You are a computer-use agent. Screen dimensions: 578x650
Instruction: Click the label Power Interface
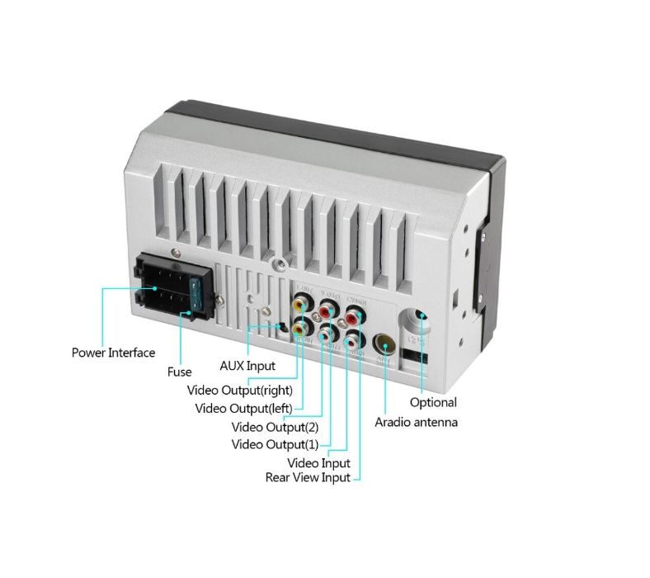pos(113,353)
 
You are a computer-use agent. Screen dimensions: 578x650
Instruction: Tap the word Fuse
pos(179,372)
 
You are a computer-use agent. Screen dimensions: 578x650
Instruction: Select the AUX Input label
pos(247,365)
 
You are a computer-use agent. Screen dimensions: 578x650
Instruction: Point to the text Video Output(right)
pos(239,390)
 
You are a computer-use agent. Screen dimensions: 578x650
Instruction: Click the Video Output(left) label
pos(244,408)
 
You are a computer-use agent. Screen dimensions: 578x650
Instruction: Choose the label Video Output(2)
pos(275,427)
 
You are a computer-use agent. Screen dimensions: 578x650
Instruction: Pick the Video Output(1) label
pos(275,444)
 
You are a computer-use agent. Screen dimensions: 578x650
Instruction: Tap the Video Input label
pos(318,463)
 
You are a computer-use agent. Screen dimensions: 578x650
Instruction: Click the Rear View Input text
pos(307,477)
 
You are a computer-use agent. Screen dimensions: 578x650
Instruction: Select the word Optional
pos(433,402)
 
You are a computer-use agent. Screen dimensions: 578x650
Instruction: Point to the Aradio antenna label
pos(416,422)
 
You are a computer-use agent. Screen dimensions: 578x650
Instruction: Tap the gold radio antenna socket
pos(384,344)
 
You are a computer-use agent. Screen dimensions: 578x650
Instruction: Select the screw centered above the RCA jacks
pos(282,264)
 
